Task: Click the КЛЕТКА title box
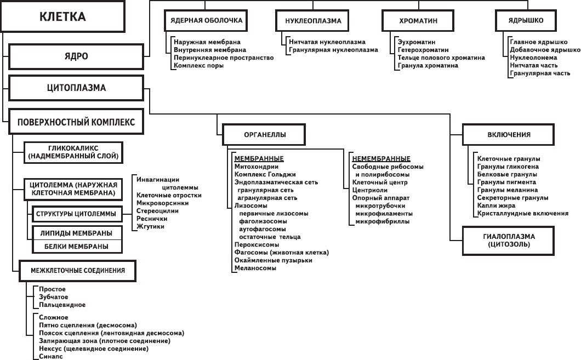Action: (x=62, y=16)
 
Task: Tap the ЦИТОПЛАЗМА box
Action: (x=76, y=88)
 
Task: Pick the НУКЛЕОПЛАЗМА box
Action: (x=313, y=21)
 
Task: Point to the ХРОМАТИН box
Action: (x=418, y=21)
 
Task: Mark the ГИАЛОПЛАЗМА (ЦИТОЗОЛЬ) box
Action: (x=509, y=241)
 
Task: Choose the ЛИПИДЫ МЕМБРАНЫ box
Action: (x=76, y=233)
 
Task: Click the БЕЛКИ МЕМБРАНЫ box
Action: (x=76, y=247)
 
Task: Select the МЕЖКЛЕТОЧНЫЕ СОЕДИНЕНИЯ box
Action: (x=77, y=270)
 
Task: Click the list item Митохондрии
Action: (x=256, y=167)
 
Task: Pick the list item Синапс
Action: (x=51, y=356)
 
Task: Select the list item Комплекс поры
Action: (x=198, y=66)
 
